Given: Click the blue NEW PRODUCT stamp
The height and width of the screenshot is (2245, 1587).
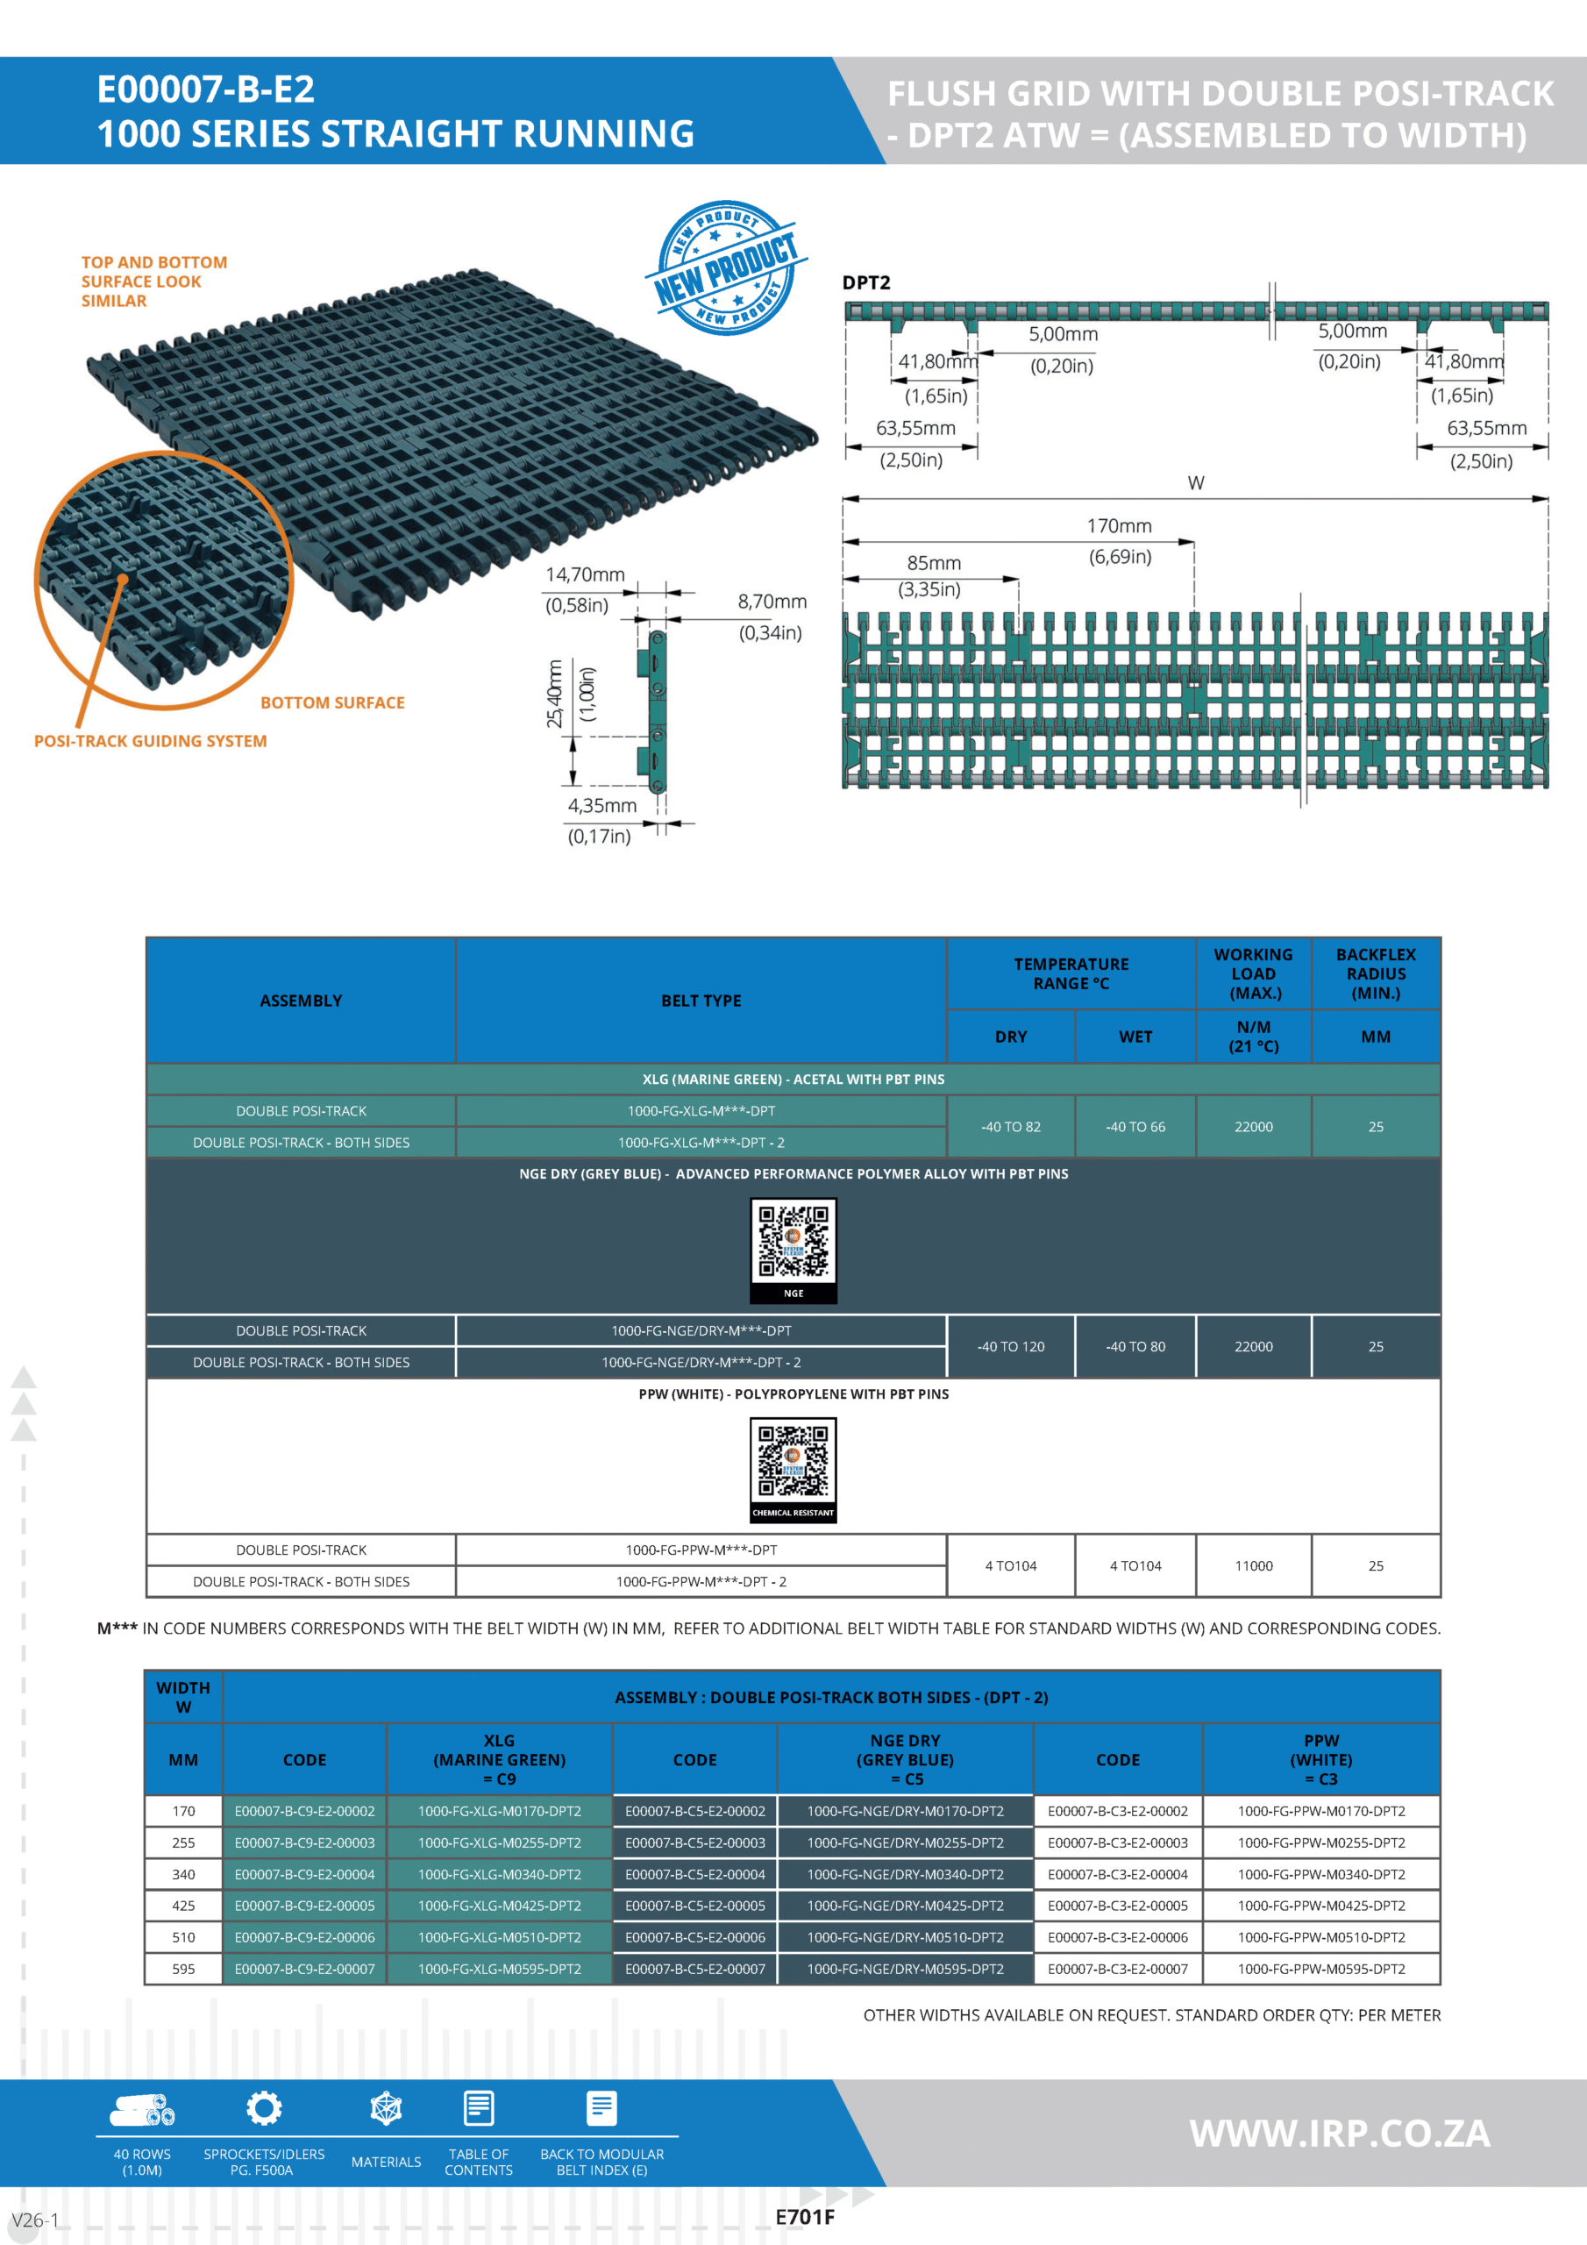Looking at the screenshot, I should [724, 267].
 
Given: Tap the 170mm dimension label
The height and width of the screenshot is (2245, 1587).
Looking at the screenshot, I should [1120, 526].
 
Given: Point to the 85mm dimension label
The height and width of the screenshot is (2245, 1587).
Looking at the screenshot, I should [934, 563].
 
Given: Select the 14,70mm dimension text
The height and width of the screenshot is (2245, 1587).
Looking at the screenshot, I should [585, 575].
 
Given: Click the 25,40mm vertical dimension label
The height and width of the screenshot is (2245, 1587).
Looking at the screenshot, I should [554, 694].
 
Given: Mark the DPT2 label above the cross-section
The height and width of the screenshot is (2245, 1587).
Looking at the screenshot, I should [866, 282].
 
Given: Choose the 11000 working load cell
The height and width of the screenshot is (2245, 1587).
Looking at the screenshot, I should [1254, 1565].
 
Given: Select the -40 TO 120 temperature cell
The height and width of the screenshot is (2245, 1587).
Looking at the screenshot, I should [1010, 1346].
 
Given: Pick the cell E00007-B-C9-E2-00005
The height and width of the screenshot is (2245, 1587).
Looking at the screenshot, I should [304, 1906].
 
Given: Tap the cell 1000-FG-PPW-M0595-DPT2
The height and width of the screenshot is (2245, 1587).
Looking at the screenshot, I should [1321, 1968].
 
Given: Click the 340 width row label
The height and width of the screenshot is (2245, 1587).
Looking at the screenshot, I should [184, 1874].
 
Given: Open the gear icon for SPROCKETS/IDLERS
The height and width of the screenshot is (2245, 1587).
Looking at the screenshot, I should [264, 2109].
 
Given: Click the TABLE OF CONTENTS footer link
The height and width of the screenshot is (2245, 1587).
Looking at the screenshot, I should [478, 2162].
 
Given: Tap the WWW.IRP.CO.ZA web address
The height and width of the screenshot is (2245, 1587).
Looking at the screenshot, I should [1340, 2134].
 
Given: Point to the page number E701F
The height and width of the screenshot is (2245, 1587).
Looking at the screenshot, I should [805, 2218].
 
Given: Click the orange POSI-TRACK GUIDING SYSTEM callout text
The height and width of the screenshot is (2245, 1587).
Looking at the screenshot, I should [151, 741].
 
